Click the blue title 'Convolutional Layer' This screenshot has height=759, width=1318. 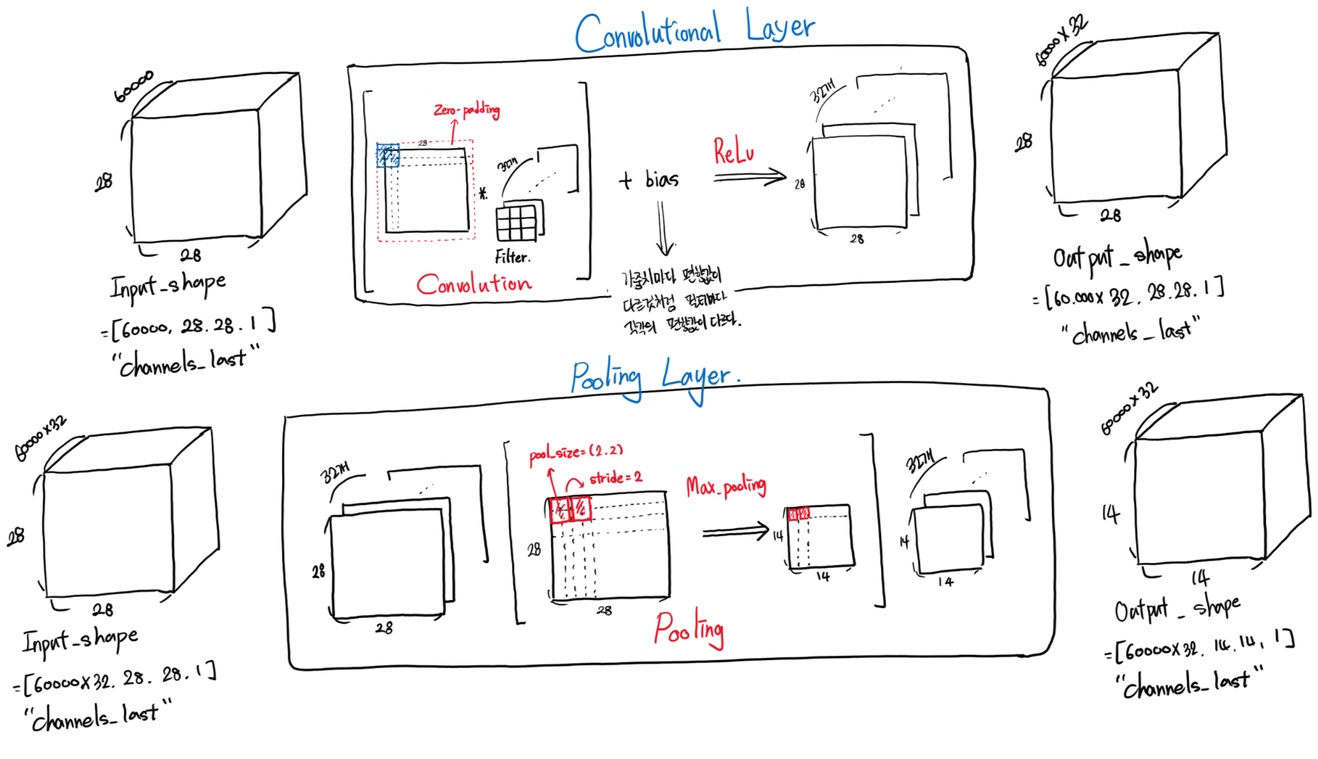click(x=695, y=31)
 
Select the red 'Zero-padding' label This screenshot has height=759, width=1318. click(x=467, y=109)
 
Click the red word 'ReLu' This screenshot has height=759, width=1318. click(x=733, y=151)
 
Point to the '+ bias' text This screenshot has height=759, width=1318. click(x=649, y=179)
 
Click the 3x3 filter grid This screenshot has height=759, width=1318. click(x=517, y=223)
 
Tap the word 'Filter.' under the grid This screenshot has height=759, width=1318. click(x=513, y=257)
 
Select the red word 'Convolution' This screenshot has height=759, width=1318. click(x=474, y=284)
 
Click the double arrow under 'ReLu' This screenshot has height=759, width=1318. click(x=750, y=177)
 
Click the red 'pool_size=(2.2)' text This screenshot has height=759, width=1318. click(x=576, y=452)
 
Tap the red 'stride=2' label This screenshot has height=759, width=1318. click(x=616, y=477)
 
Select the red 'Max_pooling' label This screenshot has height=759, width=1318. click(x=726, y=487)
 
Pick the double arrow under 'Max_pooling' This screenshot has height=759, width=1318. click(x=735, y=531)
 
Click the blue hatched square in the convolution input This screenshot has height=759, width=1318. click(x=387, y=156)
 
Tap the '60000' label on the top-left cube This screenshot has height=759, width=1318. click(x=134, y=86)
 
